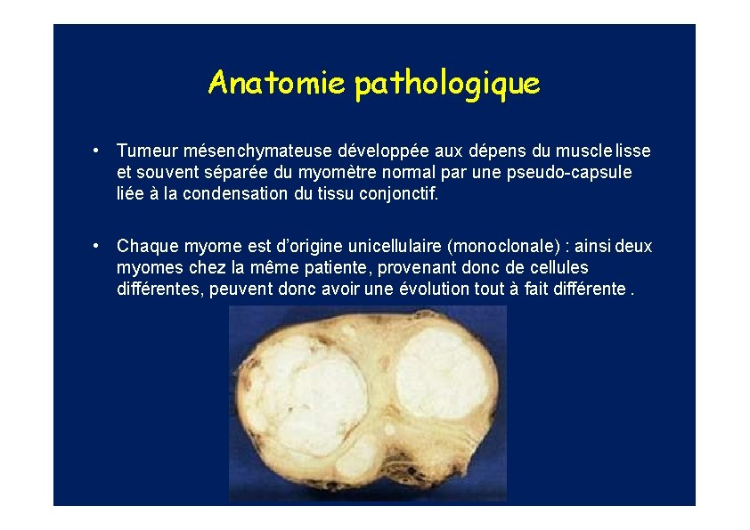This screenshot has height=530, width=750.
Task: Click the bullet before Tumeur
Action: pyautogui.click(x=106, y=151)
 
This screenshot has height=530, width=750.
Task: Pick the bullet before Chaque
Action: pyautogui.click(x=106, y=246)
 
